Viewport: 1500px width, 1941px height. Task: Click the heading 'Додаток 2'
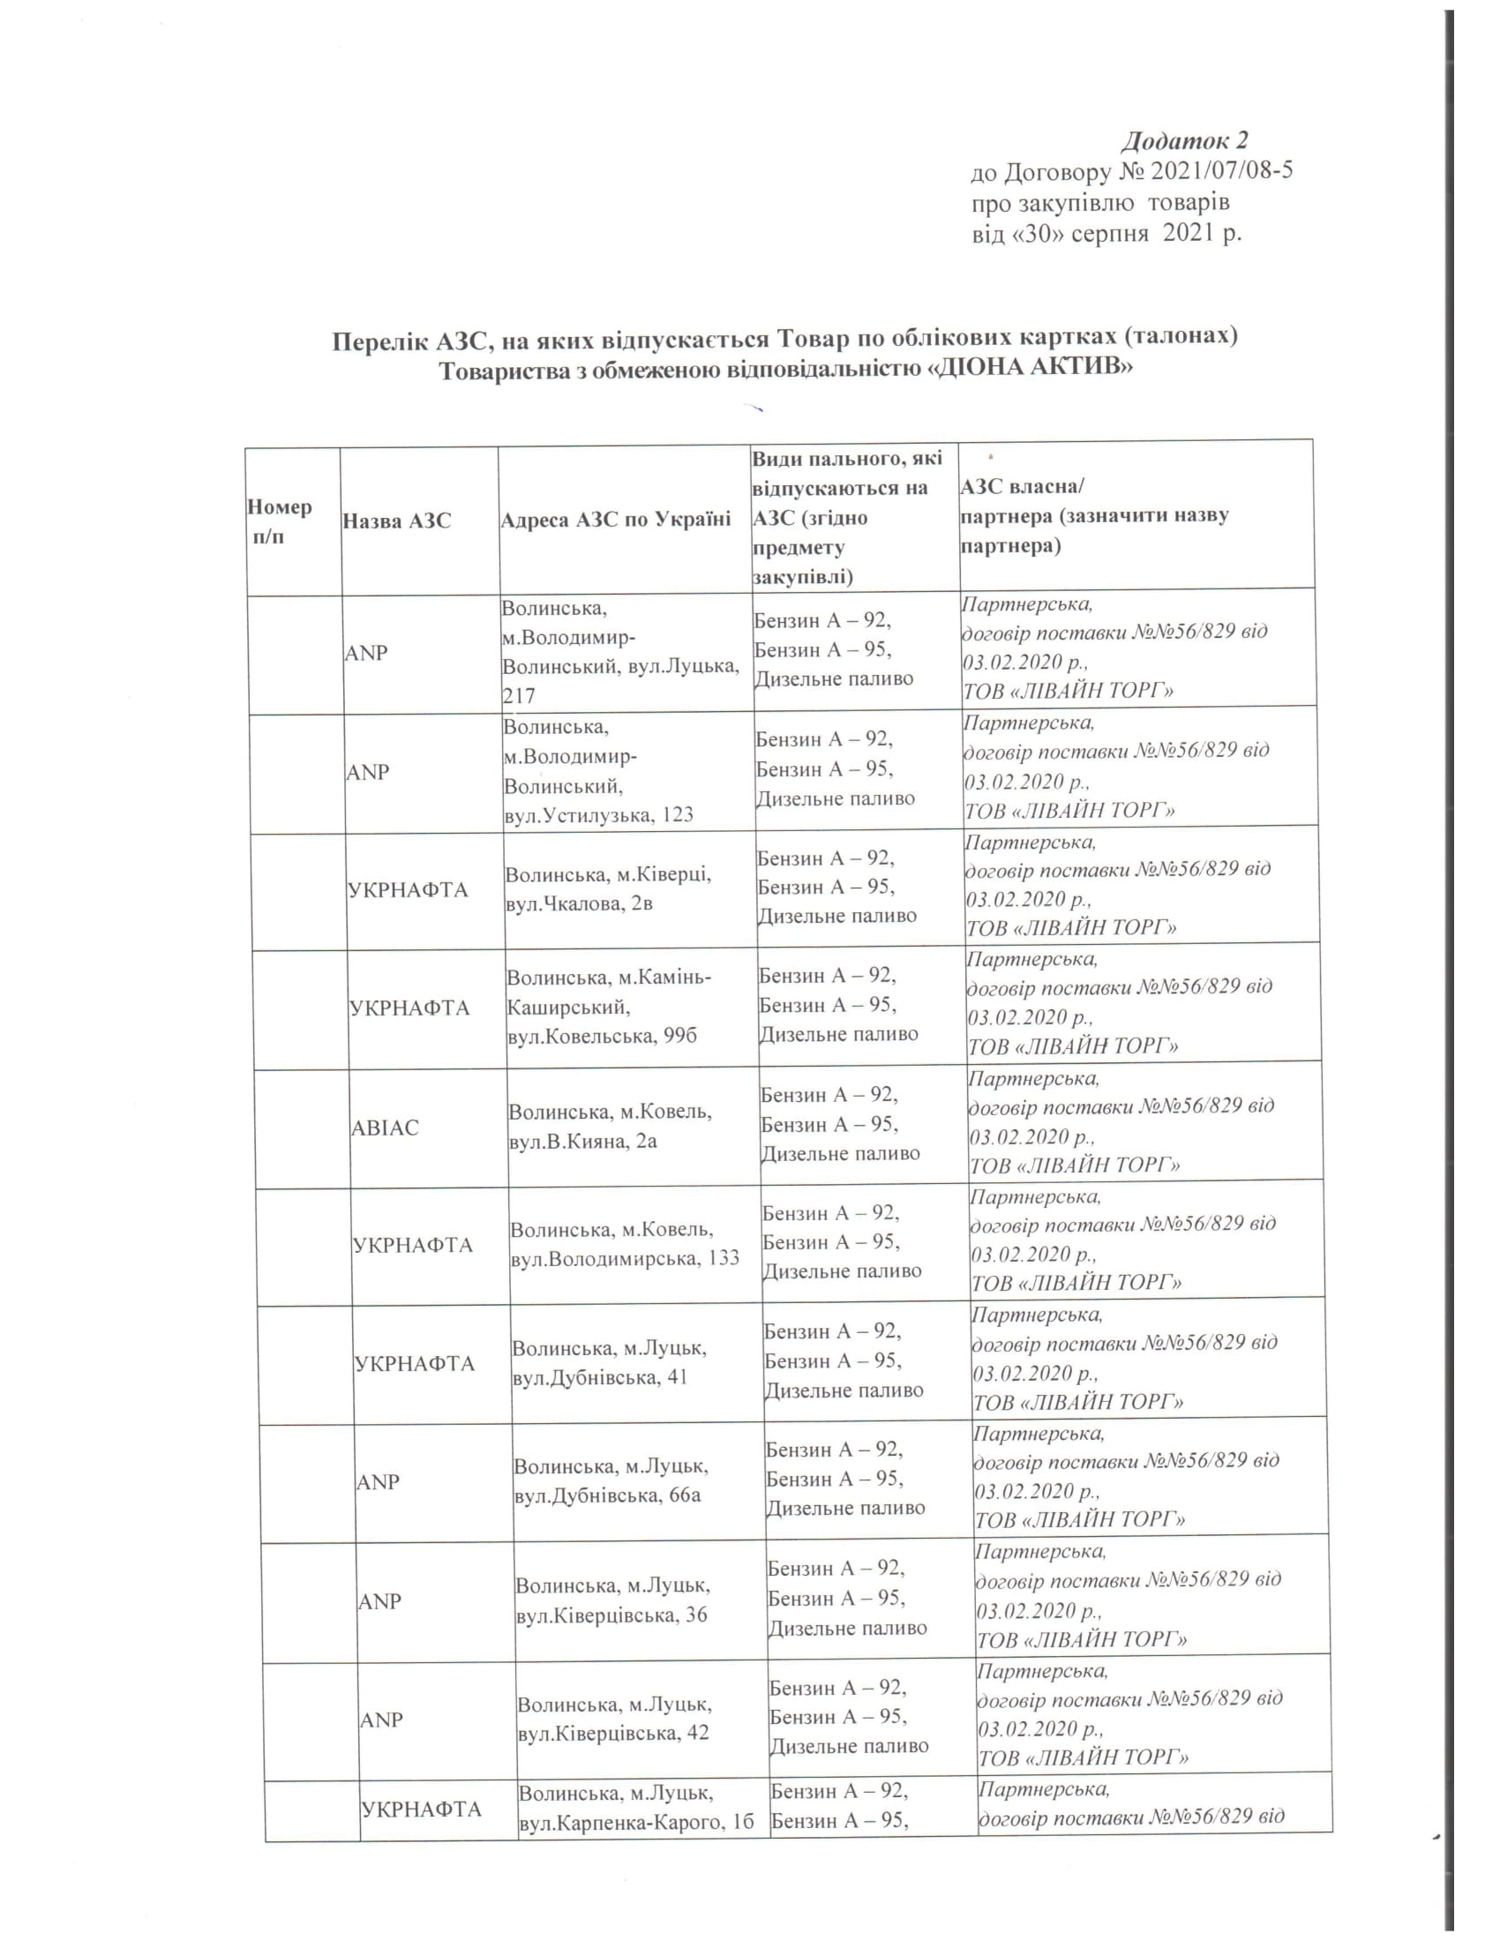(x=1184, y=140)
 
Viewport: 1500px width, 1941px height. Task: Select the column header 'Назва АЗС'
(x=397, y=520)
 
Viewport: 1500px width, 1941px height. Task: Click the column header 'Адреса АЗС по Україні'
(x=616, y=519)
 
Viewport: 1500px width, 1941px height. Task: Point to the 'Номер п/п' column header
(x=279, y=521)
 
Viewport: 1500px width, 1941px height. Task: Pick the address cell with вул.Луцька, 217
(x=621, y=651)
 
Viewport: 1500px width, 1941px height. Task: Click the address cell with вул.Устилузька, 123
(x=599, y=770)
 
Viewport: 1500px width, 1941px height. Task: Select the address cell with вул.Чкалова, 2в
(x=608, y=888)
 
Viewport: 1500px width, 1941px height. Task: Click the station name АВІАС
(x=385, y=1127)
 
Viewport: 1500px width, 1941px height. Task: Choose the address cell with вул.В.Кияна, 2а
(x=610, y=1126)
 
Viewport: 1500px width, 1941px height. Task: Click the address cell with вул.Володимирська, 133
(x=624, y=1244)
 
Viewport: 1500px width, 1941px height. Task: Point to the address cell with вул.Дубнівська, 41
(x=610, y=1362)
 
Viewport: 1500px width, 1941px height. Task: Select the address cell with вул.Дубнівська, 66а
(x=611, y=1480)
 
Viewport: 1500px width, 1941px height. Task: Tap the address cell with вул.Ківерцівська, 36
(x=612, y=1600)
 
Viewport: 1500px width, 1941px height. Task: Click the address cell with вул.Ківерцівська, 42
(x=614, y=1718)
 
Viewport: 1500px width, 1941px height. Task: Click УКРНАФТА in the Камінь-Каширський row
(x=409, y=1008)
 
